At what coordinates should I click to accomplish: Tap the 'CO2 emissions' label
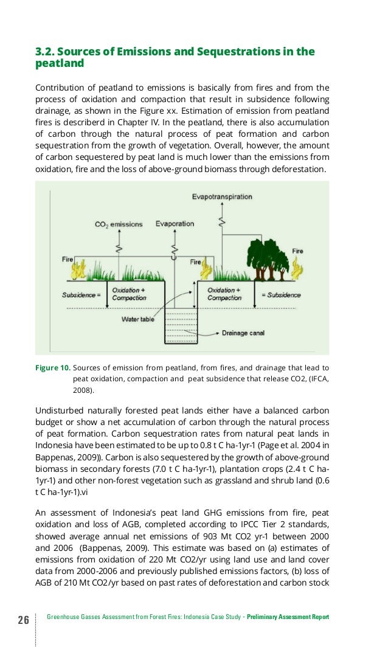119,224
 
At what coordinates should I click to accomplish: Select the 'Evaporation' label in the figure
175,224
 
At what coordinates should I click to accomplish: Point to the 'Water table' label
138,319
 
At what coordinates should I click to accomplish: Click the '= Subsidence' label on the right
281,295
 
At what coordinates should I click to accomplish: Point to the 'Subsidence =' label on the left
81,295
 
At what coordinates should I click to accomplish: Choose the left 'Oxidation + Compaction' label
129,294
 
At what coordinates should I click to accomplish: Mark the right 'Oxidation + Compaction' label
224,294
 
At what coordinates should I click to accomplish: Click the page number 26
23,620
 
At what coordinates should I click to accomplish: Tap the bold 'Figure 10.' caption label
53,367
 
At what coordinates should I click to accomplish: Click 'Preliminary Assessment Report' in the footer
288,617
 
